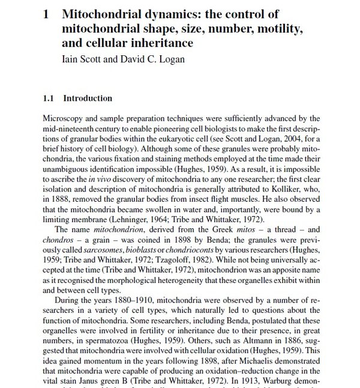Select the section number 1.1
click(x=49, y=99)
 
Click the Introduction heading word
click(x=88, y=99)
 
